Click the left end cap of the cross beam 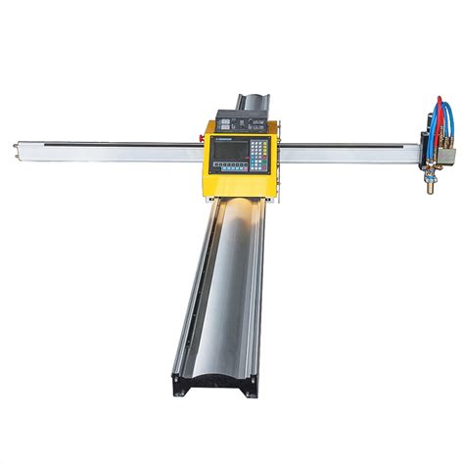(17, 149)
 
